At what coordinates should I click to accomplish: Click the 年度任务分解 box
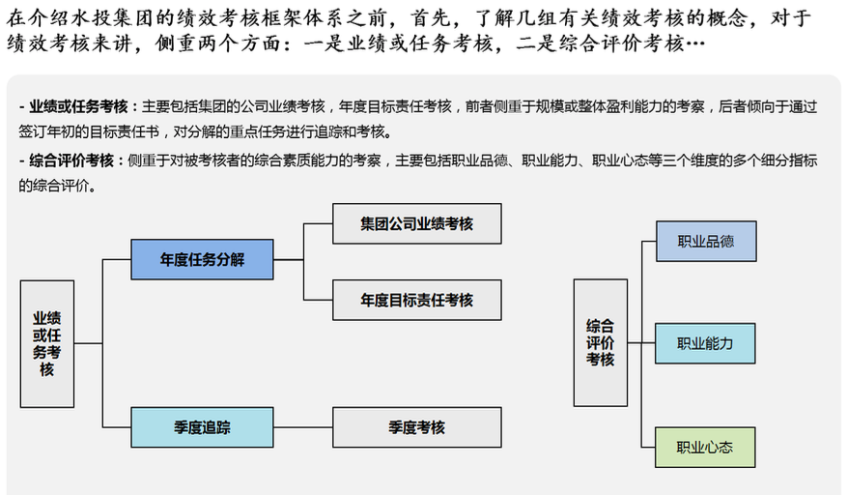tap(202, 259)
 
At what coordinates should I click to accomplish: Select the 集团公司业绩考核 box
tap(416, 223)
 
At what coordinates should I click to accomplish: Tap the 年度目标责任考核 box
tap(416, 300)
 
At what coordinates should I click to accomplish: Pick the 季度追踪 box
tap(202, 427)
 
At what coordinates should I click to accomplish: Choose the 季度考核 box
tap(416, 427)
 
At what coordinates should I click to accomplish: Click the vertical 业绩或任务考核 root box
tap(46, 343)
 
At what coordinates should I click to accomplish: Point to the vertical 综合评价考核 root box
tap(600, 342)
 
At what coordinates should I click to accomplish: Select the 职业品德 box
tap(705, 241)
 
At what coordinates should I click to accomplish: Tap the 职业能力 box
tap(705, 343)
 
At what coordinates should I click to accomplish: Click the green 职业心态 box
tap(705, 447)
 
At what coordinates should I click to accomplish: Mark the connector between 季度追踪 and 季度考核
tap(302, 427)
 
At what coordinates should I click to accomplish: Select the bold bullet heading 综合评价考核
tap(72, 160)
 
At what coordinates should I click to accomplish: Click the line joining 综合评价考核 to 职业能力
tap(641, 342)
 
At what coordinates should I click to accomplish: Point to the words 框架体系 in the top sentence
tap(307, 18)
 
